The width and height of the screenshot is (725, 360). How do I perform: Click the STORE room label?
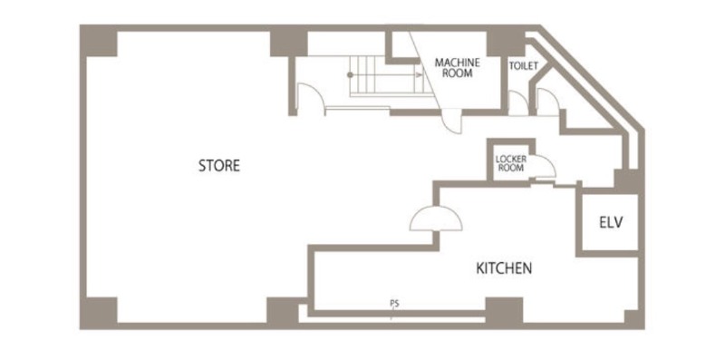[219, 166]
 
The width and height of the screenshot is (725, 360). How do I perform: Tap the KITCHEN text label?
[504, 268]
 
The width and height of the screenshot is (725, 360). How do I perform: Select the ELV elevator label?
[611, 222]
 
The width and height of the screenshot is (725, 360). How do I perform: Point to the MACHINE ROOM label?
[457, 68]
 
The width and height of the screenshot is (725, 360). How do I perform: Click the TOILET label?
[524, 66]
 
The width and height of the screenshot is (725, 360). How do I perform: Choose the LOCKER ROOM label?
[511, 163]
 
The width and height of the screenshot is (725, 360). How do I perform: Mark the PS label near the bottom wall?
[394, 304]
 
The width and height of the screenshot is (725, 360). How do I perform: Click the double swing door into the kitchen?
[436, 219]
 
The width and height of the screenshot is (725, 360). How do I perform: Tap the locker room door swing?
[543, 167]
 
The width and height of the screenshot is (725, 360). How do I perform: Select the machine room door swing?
[451, 122]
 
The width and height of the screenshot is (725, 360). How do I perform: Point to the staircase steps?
[386, 76]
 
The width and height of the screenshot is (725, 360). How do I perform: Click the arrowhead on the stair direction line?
[420, 74]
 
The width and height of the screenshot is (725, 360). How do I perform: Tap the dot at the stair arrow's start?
[351, 74]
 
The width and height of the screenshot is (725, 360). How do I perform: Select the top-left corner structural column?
[99, 41]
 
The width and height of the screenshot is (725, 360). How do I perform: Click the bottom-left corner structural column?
[99, 313]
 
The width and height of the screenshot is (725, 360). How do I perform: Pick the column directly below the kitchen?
[504, 311]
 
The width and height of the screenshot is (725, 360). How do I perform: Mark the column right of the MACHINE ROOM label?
[506, 41]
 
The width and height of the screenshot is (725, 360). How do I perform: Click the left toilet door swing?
[518, 102]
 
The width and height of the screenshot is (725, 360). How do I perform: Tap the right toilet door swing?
[548, 102]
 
